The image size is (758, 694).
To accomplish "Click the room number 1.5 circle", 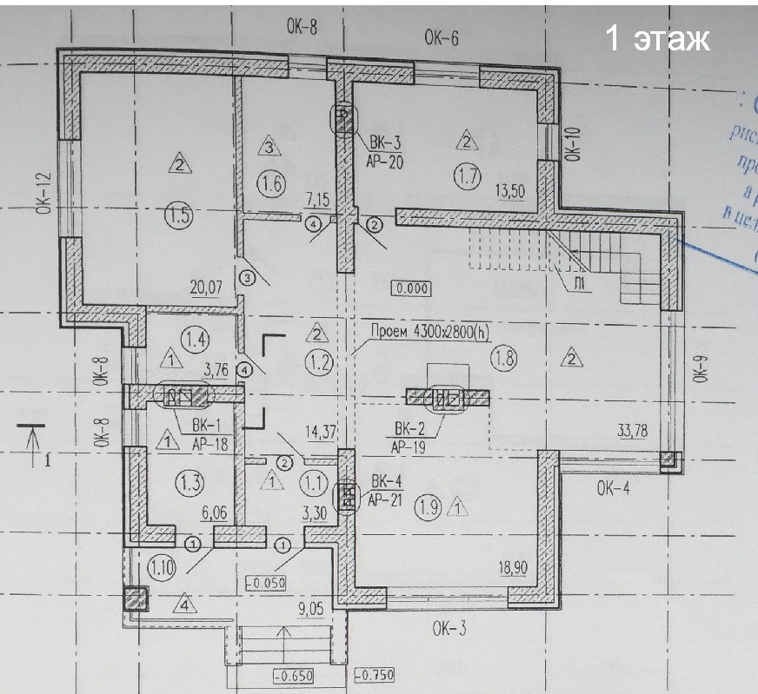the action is [x=177, y=217].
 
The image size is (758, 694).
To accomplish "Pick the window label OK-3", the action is [x=449, y=628].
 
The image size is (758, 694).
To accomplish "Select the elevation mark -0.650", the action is [x=291, y=675].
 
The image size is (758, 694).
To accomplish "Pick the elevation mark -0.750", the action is [x=376, y=675].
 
